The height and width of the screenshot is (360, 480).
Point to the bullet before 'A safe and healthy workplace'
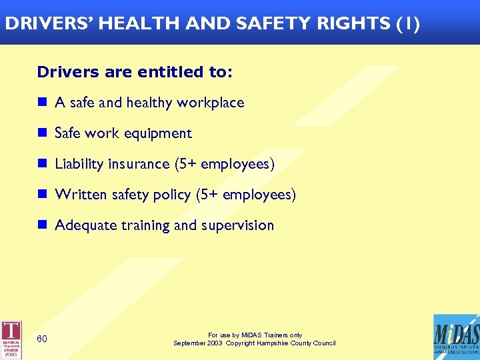[x=41, y=102]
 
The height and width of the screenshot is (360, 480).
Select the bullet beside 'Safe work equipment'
[x=41, y=133]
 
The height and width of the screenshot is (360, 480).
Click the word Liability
[x=79, y=164]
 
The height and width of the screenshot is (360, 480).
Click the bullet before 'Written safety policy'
[x=41, y=194]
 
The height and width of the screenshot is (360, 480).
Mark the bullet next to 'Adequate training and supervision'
[x=41, y=225]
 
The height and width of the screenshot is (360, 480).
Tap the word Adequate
[x=85, y=225]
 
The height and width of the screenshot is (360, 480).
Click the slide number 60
[x=42, y=339]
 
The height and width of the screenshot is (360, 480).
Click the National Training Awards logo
[x=11, y=339]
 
